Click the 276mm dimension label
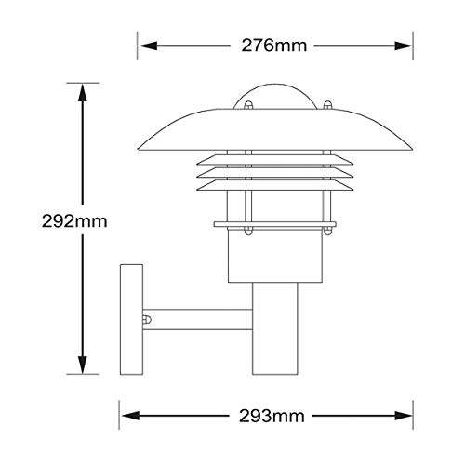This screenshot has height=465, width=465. pyautogui.click(x=274, y=46)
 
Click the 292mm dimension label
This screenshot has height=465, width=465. pyautogui.click(x=74, y=221)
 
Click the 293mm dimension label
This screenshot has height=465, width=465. pyautogui.click(x=272, y=416)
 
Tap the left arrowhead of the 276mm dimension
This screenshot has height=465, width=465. pyautogui.click(x=149, y=46)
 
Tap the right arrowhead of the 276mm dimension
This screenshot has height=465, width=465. pyautogui.click(x=403, y=46)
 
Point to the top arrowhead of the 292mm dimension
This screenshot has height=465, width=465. pyautogui.click(x=82, y=93)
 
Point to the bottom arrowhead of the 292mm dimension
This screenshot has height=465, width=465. pyautogui.click(x=82, y=365)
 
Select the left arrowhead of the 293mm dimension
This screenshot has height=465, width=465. pyautogui.click(x=130, y=416)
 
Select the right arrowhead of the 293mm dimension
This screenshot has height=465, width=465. pyautogui.click(x=403, y=416)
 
